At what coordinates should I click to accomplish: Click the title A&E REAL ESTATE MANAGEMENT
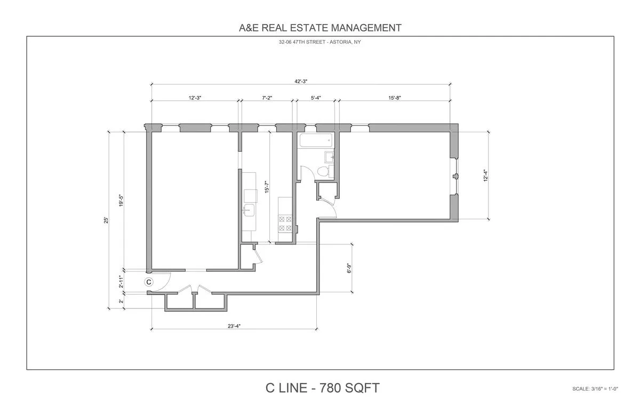coord(320,28)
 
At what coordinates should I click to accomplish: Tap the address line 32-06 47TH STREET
coord(320,43)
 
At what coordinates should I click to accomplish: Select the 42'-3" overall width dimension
coord(301,81)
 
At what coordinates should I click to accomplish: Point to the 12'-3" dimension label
coord(195,98)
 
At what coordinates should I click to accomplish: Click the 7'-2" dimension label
coord(267,98)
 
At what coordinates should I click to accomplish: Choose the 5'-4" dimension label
coord(316,98)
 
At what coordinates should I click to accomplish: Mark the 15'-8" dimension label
coord(395,98)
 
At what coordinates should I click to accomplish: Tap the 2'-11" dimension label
coord(121,281)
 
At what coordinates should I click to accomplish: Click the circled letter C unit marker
coord(149,282)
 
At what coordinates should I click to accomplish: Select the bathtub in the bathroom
coord(315,141)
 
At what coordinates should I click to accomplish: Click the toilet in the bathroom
coord(323,171)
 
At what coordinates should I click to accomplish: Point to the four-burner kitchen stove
coord(285,223)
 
